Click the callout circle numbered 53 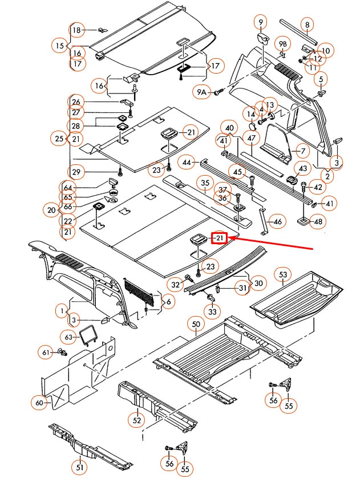[x=284, y=275]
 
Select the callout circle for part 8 [x=307, y=25]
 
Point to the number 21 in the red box [x=220, y=238]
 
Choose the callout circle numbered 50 [x=196, y=325]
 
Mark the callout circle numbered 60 [x=39, y=403]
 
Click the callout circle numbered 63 [x=70, y=337]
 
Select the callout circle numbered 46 [x=278, y=221]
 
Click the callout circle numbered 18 [x=76, y=30]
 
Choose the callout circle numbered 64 [x=68, y=188]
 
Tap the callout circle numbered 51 [x=80, y=468]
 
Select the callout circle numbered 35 [x=205, y=183]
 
